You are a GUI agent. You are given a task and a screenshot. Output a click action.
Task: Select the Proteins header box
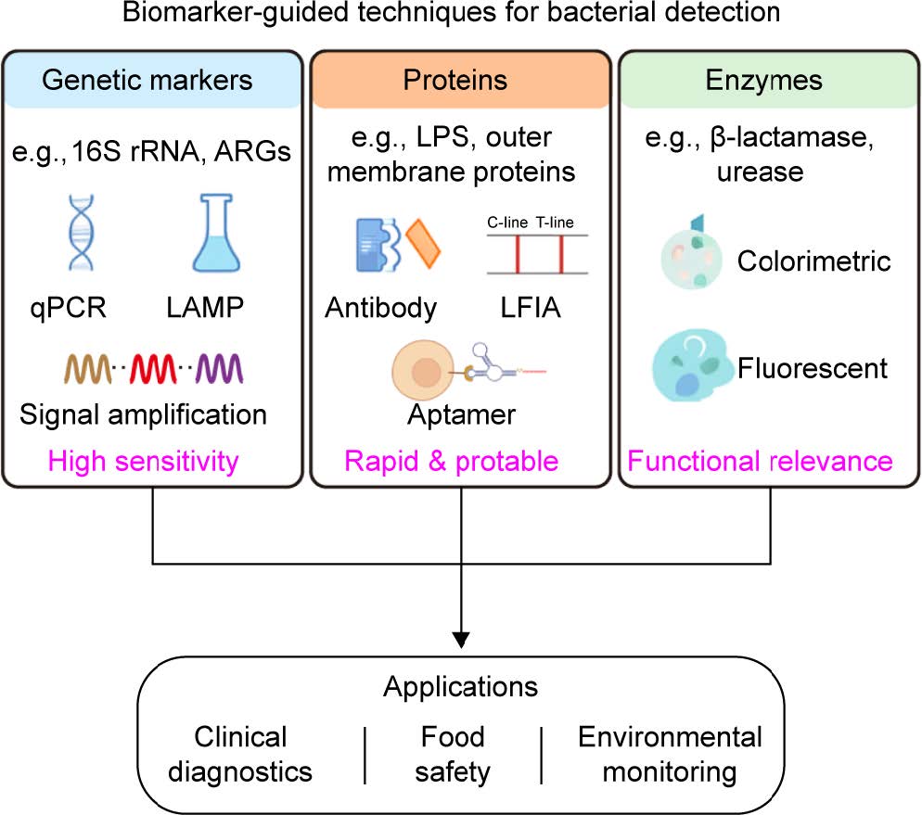455,80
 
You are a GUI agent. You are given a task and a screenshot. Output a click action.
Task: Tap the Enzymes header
762,80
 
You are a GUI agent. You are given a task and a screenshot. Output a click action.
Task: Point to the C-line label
507,223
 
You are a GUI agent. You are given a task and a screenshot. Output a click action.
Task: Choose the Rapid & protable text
452,460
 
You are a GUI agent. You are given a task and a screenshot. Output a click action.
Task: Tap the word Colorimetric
813,261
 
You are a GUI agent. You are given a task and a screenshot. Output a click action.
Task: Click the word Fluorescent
813,368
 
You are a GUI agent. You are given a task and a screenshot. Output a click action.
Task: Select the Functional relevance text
761,460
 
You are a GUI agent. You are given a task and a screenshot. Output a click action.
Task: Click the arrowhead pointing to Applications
461,639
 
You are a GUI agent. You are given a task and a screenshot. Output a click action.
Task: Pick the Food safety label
453,754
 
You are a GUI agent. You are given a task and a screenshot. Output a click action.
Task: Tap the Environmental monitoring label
670,754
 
